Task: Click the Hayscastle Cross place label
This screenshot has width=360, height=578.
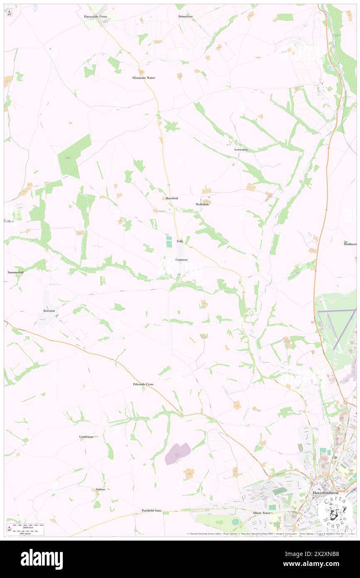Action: point(95,17)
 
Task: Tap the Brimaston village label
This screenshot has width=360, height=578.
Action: point(185,16)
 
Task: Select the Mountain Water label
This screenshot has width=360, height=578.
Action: point(143,78)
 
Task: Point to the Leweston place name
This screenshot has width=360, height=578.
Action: point(241,149)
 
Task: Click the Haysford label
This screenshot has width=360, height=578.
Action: point(172,198)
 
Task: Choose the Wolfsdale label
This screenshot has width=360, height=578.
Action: point(202,204)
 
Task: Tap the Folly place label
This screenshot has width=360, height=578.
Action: point(180,241)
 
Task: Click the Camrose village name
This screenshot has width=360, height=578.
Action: point(181,259)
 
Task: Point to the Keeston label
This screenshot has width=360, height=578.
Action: point(49,311)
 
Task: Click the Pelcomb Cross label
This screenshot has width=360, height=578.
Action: point(143,384)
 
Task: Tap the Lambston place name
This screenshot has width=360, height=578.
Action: point(86,437)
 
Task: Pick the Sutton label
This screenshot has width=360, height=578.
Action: point(100,489)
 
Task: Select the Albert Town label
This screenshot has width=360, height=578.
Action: point(261,513)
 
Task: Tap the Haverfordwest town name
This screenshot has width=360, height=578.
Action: point(325,493)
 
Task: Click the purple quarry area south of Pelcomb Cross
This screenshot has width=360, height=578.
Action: point(178,453)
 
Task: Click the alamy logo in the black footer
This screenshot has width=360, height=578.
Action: point(42,559)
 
